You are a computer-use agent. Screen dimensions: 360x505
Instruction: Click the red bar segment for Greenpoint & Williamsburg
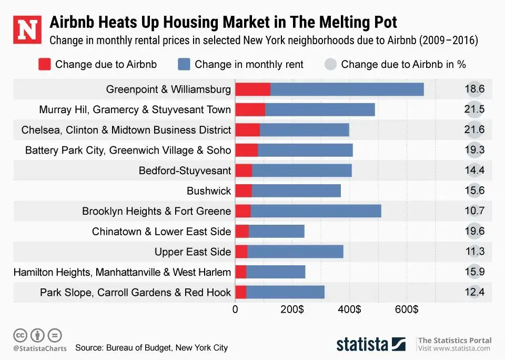[252, 89]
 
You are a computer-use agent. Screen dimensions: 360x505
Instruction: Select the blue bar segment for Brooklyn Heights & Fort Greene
[316, 211]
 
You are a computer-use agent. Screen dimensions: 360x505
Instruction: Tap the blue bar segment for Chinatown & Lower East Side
[276, 232]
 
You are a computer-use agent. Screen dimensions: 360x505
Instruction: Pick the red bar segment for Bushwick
[243, 191]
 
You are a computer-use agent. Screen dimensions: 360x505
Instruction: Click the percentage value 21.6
[474, 130]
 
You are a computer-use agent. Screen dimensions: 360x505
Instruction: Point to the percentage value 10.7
[474, 211]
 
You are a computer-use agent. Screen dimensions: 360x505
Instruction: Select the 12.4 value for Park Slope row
[474, 292]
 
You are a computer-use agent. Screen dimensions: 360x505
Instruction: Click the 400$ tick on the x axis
[349, 310]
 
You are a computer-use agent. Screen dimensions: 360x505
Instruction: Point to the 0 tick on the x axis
[235, 310]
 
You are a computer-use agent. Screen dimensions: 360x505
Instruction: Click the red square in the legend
[44, 64]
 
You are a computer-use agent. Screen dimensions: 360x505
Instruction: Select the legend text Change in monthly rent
[249, 64]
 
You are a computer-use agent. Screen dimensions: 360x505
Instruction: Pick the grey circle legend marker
[330, 64]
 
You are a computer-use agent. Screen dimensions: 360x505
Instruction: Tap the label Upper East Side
[193, 252]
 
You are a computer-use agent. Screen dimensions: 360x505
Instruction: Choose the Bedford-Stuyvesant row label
[185, 171]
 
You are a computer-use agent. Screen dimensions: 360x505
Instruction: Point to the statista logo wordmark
[362, 345]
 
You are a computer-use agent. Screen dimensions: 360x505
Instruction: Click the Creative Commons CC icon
[20, 335]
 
